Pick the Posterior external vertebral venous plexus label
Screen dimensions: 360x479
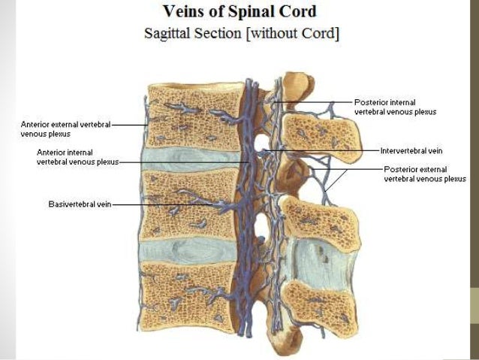click(425, 174)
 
